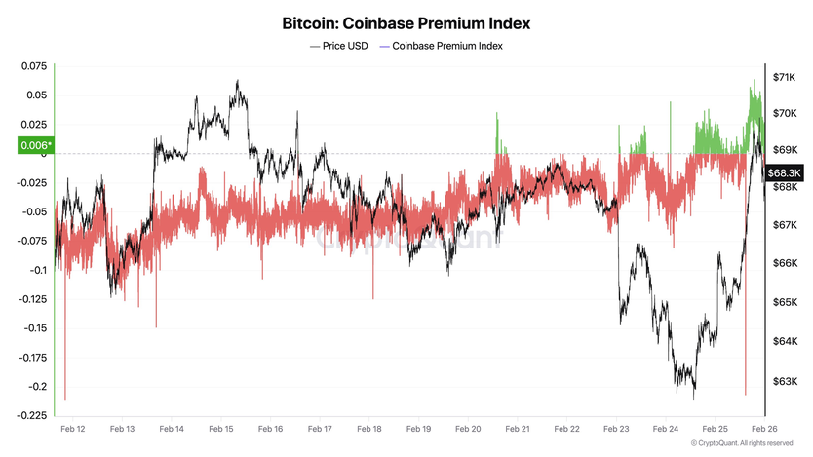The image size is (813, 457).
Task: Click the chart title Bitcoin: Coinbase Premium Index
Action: click(406, 21)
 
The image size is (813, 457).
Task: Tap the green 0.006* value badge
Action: click(36, 146)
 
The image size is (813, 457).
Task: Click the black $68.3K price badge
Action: click(784, 172)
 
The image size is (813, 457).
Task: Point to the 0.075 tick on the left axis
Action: click(34, 66)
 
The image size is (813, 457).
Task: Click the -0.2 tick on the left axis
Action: click(37, 386)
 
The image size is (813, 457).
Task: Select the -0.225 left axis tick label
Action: click(32, 415)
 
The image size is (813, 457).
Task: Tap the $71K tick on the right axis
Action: click(785, 76)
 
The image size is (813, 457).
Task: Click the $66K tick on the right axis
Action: click(785, 263)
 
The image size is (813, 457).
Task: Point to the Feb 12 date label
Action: click(72, 429)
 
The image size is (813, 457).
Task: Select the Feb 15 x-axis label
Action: click(221, 429)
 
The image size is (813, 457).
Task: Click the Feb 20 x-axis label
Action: click(469, 429)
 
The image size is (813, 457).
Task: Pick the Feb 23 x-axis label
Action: click(617, 429)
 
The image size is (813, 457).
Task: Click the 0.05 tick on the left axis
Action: click(36, 95)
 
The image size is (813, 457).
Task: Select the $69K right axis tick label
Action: click(785, 150)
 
